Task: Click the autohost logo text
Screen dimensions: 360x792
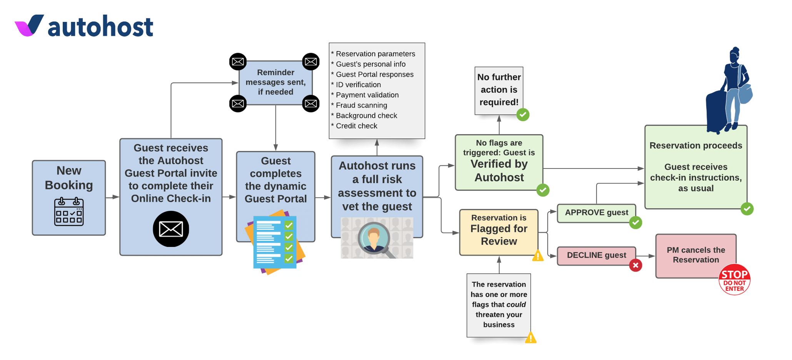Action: pos(100,27)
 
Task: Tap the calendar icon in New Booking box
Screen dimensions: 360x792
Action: pos(69,212)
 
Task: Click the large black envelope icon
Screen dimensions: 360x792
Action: pos(171,229)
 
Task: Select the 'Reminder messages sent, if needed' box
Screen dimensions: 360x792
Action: pos(275,82)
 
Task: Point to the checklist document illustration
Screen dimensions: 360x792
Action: pos(275,242)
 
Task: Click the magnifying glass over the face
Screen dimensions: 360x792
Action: pos(374,238)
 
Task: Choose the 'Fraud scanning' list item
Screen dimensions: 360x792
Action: pos(361,105)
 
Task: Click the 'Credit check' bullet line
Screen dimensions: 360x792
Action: pos(356,126)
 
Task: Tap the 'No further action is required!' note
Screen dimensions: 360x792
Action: pos(499,90)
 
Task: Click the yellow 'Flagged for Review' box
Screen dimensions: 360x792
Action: pos(499,232)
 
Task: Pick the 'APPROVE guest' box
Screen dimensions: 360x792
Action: pos(596,213)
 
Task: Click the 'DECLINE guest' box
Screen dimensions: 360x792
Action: pos(596,255)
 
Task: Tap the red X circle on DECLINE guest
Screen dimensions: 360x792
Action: pos(635,265)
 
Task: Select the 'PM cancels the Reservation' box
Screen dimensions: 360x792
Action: pos(695,255)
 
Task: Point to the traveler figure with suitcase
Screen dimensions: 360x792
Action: pos(729,92)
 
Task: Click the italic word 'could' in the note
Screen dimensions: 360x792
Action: pos(516,305)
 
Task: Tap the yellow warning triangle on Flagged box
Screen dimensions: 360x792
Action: pos(538,256)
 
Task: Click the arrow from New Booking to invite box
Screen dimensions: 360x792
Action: pos(112,197)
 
